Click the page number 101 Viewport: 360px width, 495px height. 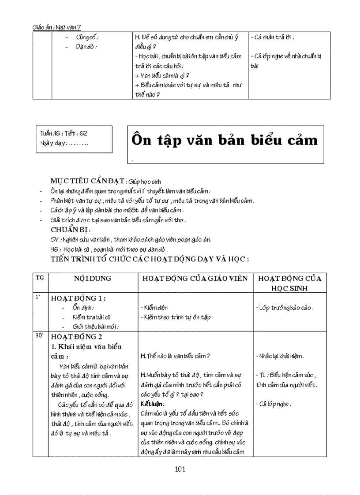point(180,469)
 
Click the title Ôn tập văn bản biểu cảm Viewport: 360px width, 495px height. point(225,140)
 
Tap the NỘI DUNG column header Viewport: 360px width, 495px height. point(93,279)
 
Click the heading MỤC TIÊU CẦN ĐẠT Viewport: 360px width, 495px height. point(88,182)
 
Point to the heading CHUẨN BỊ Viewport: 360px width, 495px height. point(70,230)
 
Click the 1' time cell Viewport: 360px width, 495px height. point(38,297)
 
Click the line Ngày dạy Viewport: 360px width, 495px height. point(64,143)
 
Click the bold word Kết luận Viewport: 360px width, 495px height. point(152,404)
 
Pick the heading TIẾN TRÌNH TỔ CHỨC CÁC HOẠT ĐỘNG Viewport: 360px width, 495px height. point(150,259)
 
